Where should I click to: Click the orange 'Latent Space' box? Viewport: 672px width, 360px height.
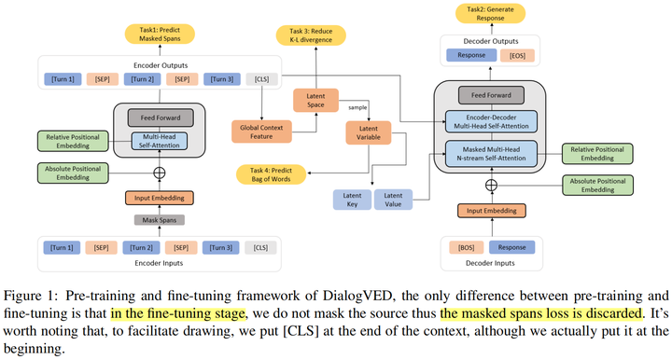pos(315,100)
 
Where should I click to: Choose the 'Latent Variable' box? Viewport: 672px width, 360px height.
pos(369,132)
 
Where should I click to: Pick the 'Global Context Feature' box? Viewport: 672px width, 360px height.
pos(261,131)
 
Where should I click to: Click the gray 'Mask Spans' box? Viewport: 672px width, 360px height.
pos(158,221)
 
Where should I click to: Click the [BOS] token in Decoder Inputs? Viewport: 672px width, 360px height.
pos(466,247)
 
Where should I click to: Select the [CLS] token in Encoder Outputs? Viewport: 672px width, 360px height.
pos(262,79)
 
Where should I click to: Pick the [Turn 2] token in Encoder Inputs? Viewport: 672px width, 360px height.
pos(142,247)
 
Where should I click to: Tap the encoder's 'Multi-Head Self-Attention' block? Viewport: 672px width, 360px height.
pos(159,142)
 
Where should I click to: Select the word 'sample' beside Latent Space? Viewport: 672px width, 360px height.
pos(356,108)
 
